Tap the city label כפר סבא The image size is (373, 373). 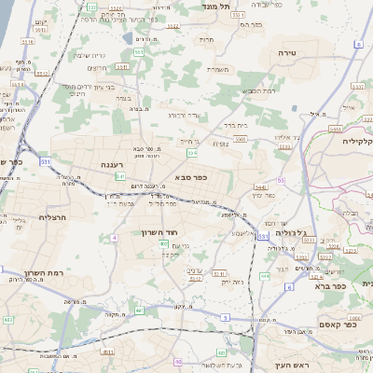tap(190, 176)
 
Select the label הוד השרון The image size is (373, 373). tap(159, 232)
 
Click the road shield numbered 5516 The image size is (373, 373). tap(27, 41)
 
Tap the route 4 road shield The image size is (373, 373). tap(114, 238)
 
